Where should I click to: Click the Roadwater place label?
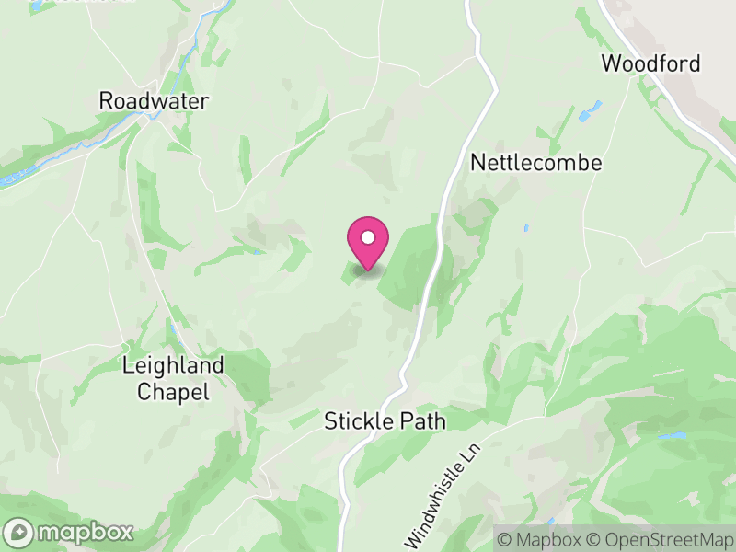(x=154, y=101)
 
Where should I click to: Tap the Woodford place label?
(x=650, y=63)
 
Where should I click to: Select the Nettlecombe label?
(x=536, y=163)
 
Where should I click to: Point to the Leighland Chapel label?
(x=173, y=378)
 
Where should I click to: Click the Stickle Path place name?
(x=385, y=421)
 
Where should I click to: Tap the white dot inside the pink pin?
(x=368, y=237)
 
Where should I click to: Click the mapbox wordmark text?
(x=84, y=532)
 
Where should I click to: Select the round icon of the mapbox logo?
(x=20, y=532)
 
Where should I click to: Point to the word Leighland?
(x=173, y=365)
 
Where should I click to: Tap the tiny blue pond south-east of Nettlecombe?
(x=525, y=227)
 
